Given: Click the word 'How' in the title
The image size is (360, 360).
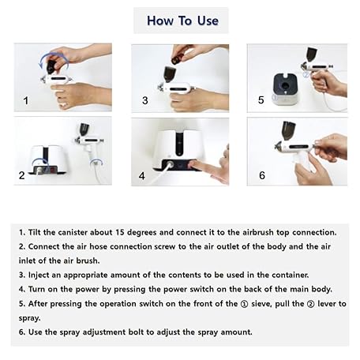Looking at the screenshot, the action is [160, 21].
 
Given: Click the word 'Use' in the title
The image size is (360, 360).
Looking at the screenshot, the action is [208, 21].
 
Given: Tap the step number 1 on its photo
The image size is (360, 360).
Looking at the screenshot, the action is [25, 100].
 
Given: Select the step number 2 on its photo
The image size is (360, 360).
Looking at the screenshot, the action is [22, 175].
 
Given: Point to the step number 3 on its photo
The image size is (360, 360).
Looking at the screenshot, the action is [145, 100].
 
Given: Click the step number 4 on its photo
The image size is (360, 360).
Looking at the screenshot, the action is [142, 176].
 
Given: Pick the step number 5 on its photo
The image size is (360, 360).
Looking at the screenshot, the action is [261, 100].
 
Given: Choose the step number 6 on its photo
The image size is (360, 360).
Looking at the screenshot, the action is [262, 175].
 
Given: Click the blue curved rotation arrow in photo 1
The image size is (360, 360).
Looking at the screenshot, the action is [53, 55].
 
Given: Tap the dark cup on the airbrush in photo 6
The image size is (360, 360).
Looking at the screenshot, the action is [289, 131].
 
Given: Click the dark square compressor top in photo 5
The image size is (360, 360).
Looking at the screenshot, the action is [285, 84].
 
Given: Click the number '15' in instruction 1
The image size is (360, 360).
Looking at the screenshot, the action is [119, 232].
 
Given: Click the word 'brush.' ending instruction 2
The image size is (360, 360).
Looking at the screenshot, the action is [88, 261].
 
